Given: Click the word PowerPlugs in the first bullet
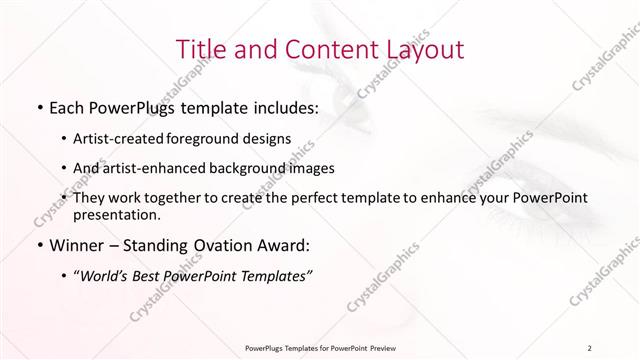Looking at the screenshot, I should (125, 106).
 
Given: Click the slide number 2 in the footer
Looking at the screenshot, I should (590, 347).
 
